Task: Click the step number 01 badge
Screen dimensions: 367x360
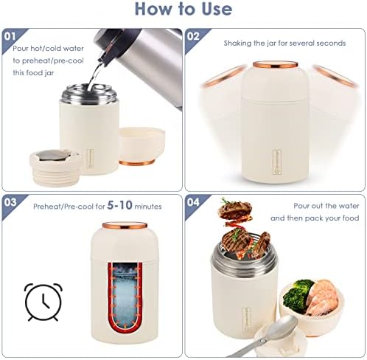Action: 10,36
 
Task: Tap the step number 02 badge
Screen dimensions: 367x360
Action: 193,36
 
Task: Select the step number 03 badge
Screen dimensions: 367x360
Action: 10,202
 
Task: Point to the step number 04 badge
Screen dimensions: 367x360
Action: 193,202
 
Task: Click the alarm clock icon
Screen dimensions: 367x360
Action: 43,302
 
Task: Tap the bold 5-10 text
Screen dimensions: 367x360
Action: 120,205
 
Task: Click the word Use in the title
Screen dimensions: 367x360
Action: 217,9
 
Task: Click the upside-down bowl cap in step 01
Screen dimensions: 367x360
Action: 141,146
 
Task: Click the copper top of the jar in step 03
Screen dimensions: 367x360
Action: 125,225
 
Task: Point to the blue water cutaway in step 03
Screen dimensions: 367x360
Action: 125,295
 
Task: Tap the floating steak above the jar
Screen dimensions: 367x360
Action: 235,210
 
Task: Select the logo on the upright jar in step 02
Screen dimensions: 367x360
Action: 276,162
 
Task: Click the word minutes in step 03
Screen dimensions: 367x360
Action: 148,207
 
